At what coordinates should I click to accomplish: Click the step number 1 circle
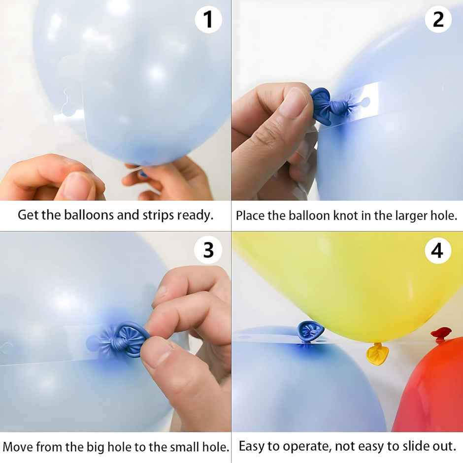coord(208,20)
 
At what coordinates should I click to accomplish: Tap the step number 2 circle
coord(438,20)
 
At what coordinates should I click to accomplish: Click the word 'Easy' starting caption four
coord(252,447)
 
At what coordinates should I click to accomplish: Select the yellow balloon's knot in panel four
coord(377,354)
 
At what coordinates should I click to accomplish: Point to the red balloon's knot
coord(441,333)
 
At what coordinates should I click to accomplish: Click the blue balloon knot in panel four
coord(310,331)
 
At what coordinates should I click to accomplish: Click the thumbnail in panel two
coord(294,103)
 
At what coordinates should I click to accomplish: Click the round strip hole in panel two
coord(365,102)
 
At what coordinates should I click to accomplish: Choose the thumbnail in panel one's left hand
coord(77,186)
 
